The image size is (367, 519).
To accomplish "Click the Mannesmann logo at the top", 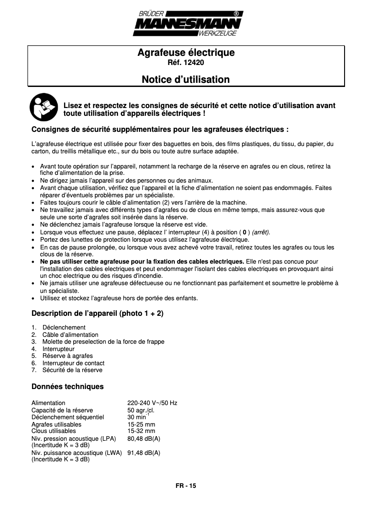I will (188, 23).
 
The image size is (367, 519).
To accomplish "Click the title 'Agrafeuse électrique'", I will (186, 53).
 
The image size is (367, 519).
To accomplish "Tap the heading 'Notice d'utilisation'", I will (185, 80).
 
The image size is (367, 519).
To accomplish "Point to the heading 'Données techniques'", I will (67, 387).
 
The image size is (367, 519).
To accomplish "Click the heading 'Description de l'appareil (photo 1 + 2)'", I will (97, 314).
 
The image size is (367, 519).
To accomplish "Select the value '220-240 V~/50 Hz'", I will (152, 403).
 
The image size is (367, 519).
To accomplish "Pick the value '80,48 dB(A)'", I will (144, 438).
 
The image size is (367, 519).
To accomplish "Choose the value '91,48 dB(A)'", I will (144, 453).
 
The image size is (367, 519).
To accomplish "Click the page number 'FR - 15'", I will (186, 486).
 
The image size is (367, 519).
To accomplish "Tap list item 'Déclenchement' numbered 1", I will (64, 328).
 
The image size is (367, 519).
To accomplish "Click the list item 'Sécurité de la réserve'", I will (72, 370).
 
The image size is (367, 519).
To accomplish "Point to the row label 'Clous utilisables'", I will (54, 431).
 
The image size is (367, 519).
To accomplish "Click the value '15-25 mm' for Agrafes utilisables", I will (141, 424).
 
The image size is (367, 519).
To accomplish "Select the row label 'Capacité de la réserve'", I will (62, 410).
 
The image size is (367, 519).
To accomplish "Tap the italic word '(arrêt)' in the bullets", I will (261, 232).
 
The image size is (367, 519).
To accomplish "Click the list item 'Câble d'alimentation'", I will (70, 335).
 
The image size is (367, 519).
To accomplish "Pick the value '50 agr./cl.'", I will (140, 410).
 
